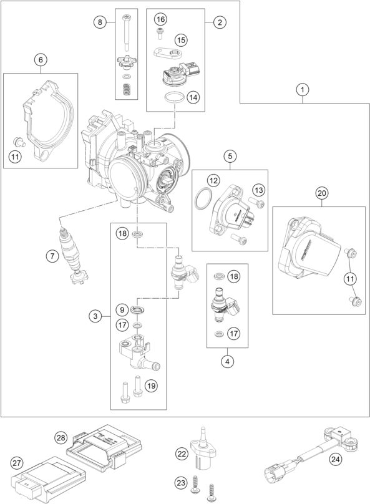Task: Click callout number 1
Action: (302, 90)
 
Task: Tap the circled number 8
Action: (100, 22)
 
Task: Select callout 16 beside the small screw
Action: (160, 19)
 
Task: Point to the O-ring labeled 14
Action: (174, 97)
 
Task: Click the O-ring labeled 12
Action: (203, 199)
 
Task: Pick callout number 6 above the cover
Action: (41, 60)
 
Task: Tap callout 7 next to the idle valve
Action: (52, 256)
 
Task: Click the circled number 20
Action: (322, 193)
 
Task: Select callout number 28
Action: (61, 437)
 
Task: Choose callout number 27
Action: (17, 463)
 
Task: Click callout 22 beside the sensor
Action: (182, 454)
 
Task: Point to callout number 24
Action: (335, 459)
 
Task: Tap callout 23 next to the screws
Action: (182, 482)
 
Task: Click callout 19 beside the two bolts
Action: (151, 385)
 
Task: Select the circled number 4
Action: (227, 361)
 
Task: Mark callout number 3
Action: (95, 316)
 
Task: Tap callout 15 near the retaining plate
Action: (182, 40)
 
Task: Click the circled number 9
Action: (122, 310)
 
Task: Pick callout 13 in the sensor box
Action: (258, 190)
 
